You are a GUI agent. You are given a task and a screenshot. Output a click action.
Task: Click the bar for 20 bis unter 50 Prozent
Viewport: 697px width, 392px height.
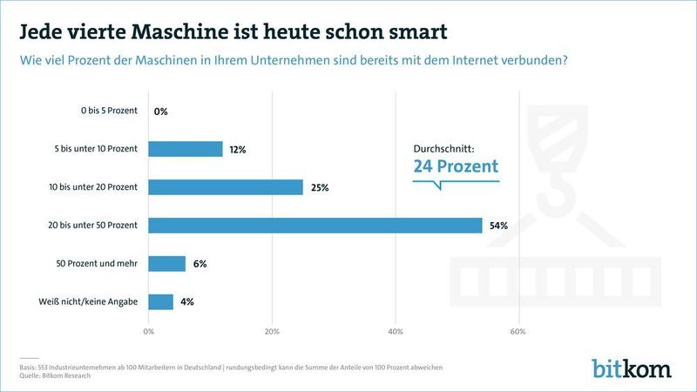315,226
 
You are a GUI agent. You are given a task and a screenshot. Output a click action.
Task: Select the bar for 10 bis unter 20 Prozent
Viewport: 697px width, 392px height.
226,187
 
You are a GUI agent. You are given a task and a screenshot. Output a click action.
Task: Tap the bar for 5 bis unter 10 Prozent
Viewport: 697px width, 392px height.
186,149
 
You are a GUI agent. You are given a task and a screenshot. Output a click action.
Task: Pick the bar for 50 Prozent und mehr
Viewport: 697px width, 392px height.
166,264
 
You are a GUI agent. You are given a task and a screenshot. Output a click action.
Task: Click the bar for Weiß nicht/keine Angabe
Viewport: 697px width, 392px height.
160,302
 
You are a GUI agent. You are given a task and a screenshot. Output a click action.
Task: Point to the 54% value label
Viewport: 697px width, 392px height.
498,226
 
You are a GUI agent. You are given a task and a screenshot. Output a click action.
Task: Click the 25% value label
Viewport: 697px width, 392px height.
320,187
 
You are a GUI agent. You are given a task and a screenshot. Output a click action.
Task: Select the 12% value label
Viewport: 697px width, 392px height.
238,149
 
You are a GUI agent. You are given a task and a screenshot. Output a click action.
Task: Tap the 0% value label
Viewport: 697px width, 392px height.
160,112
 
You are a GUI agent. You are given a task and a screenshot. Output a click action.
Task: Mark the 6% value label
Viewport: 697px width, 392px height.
200,264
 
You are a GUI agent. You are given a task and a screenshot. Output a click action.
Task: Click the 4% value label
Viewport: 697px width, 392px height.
186,302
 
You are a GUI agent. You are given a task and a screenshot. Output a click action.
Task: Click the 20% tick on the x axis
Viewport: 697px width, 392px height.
272,332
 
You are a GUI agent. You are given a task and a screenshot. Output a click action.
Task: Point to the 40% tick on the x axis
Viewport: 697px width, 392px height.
395,332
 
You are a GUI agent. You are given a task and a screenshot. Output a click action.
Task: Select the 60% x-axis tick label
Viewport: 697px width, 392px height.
518,332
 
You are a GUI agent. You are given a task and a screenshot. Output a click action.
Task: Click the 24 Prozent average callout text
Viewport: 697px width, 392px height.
456,166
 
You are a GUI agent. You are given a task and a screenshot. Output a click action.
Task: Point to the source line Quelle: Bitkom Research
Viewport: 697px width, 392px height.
61,376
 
